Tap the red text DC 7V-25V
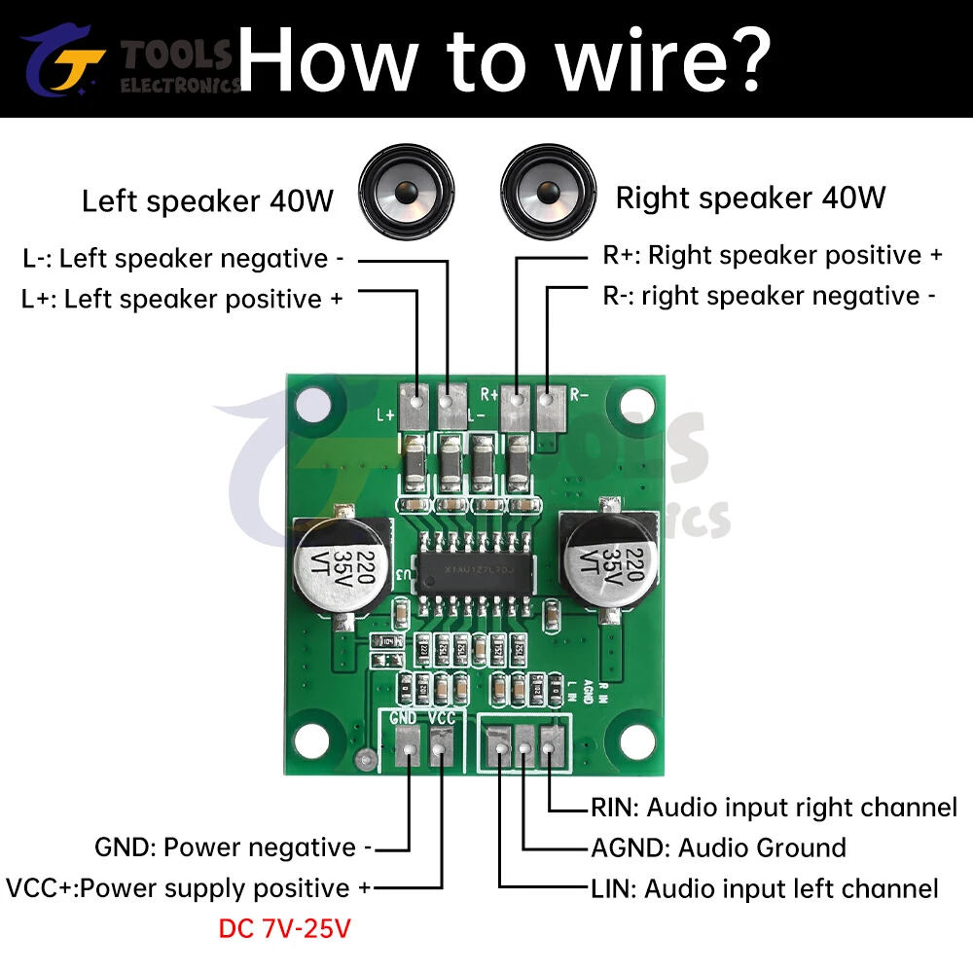[284, 929]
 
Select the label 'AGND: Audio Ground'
[718, 848]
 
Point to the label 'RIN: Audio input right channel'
[774, 808]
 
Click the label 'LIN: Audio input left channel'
[765, 888]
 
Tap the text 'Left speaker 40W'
[207, 201]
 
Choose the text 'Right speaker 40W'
[750, 198]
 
